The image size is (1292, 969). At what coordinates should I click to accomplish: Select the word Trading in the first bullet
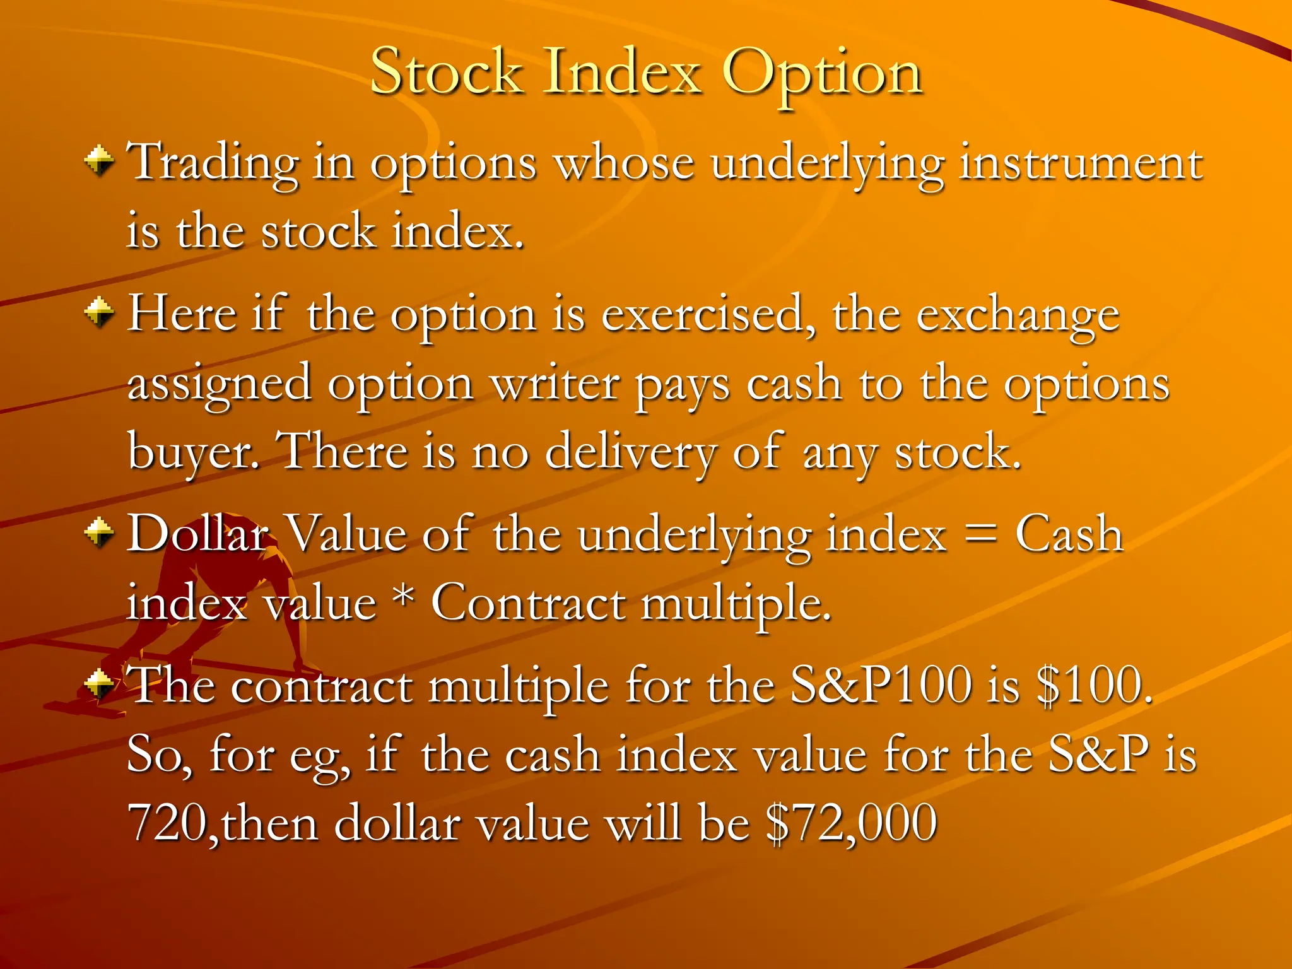tap(213, 163)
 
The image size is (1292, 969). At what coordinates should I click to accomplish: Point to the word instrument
tap(1081, 163)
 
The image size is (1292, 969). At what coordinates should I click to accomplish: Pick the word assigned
tap(219, 385)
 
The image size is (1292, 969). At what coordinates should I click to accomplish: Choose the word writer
tap(555, 384)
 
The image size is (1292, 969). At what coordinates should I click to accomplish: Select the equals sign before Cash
tap(980, 534)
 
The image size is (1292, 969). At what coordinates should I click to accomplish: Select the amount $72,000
tap(852, 822)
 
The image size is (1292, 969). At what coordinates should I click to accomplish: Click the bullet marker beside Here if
tap(99, 312)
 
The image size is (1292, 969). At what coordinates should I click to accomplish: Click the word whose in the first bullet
tap(624, 163)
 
